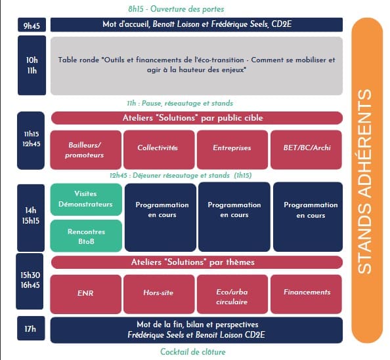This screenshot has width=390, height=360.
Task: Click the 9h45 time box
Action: [x=32, y=25]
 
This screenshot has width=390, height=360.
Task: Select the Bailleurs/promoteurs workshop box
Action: [x=86, y=150]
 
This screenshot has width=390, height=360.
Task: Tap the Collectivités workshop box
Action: [x=159, y=150]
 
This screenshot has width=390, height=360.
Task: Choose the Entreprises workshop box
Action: [x=232, y=150]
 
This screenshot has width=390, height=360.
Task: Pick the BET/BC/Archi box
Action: [x=306, y=150]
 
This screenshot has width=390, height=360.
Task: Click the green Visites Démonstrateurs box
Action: [x=86, y=199]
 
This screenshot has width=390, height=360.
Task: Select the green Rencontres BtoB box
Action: [x=86, y=236]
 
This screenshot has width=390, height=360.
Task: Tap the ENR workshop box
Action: [x=86, y=294]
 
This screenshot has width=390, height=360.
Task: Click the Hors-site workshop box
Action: [x=159, y=294]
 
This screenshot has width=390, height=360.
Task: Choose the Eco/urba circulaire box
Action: [x=232, y=294]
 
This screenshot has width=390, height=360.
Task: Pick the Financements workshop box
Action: [x=306, y=294]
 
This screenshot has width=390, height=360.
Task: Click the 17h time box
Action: [x=31, y=329]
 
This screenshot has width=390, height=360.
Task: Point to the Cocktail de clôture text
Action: [x=193, y=351]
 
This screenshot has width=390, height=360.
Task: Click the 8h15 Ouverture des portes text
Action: [x=176, y=9]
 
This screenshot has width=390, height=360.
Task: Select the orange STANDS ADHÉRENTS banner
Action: [x=367, y=180]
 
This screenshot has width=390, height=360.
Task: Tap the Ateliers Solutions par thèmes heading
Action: [x=197, y=262]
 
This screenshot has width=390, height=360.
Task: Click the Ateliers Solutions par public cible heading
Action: [x=197, y=118]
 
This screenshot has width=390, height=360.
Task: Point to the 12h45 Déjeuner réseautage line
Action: [x=181, y=175]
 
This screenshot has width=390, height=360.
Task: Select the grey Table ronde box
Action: [x=196, y=66]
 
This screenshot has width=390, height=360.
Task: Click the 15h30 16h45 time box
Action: [x=30, y=281]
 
